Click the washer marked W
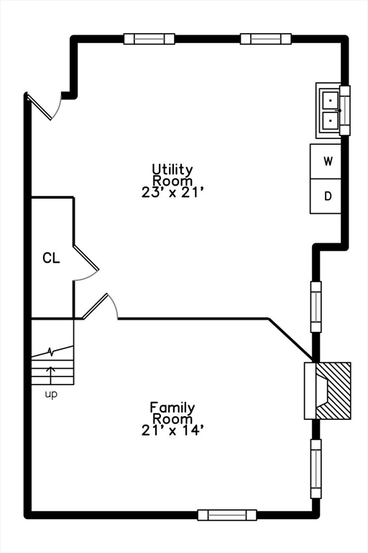(326, 161)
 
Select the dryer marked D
(326, 196)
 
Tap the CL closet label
(52, 258)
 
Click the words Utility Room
(172, 175)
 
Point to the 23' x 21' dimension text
(173, 192)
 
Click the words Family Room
(172, 413)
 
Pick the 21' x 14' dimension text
(173, 431)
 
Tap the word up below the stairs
(51, 395)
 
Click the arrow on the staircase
(51, 375)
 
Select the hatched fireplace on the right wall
(333, 391)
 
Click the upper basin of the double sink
(331, 101)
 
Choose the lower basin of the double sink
(331, 121)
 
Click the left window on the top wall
(149, 39)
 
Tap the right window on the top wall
(266, 39)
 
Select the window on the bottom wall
(227, 515)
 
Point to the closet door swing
(86, 262)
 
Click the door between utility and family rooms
(100, 306)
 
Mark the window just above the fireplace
(316, 307)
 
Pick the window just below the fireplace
(316, 469)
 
